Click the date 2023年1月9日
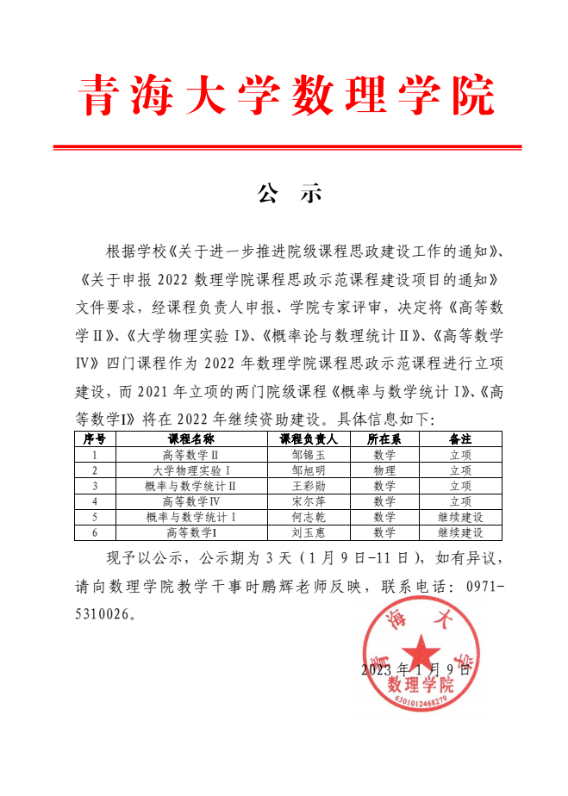tap(416, 669)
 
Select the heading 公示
tap(289, 193)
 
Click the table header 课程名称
tap(190, 439)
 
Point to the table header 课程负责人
tap(309, 439)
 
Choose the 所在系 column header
tap(384, 439)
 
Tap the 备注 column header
tap(460, 439)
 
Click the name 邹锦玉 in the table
tap(309, 455)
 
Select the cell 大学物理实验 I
tap(190, 470)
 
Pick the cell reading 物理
tap(384, 470)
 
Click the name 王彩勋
tap(309, 486)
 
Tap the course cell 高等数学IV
tap(190, 501)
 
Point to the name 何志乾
tap(309, 517)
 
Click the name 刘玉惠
tap(309, 532)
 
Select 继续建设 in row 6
tap(460, 532)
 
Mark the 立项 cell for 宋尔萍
tap(460, 501)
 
